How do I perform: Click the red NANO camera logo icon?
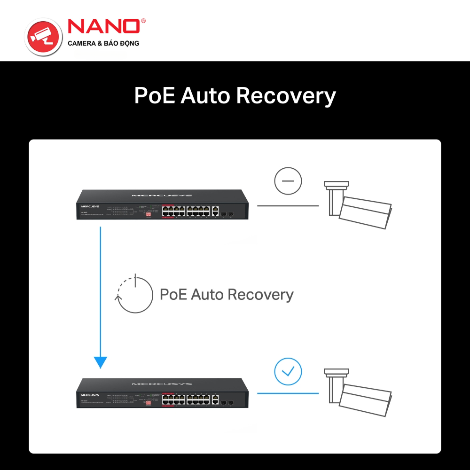pyautogui.click(x=43, y=36)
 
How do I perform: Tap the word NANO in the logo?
pyautogui.click(x=104, y=27)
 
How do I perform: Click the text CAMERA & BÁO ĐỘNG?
pyautogui.click(x=103, y=43)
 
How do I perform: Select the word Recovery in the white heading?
pyautogui.click(x=286, y=95)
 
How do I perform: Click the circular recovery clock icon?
pyautogui.click(x=135, y=295)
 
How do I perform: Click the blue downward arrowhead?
pyautogui.click(x=101, y=362)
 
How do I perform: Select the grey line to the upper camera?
pyautogui.click(x=288, y=205)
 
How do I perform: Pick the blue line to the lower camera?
pyautogui.click(x=288, y=393)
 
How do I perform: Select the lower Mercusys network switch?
pyautogui.click(x=162, y=393)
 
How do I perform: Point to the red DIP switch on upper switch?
pyautogui.click(x=149, y=214)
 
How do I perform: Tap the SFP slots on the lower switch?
pyautogui.click(x=227, y=403)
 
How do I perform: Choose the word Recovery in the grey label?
pyautogui.click(x=260, y=295)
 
